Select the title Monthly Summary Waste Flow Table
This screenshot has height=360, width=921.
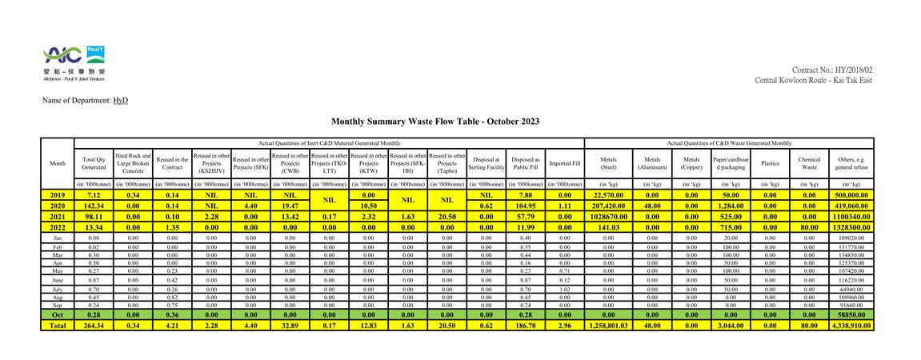pos(435,122)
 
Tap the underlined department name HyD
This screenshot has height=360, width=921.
pos(120,101)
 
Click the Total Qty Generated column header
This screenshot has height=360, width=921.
pos(94,163)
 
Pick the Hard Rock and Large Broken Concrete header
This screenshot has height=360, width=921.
pos(133,163)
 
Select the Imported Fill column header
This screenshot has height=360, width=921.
pos(565,163)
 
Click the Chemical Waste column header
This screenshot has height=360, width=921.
pos(809,163)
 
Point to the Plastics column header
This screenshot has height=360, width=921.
pos(770,163)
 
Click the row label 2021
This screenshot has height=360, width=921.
pos(58,216)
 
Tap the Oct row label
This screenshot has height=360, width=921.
pos(58,314)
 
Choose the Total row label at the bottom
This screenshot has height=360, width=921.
pos(58,325)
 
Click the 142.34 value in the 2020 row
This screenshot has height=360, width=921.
pos(94,206)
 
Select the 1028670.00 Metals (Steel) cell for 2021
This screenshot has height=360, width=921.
pos(608,216)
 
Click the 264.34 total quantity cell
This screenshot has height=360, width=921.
pos(94,325)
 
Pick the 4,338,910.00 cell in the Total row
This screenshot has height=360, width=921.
pos(851,325)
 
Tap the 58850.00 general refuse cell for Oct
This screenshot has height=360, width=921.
pos(851,314)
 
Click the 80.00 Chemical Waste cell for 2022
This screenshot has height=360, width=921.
pos(809,226)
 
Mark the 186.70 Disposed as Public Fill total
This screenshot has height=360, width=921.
pos(526,325)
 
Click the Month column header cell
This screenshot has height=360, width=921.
pos(58,163)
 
